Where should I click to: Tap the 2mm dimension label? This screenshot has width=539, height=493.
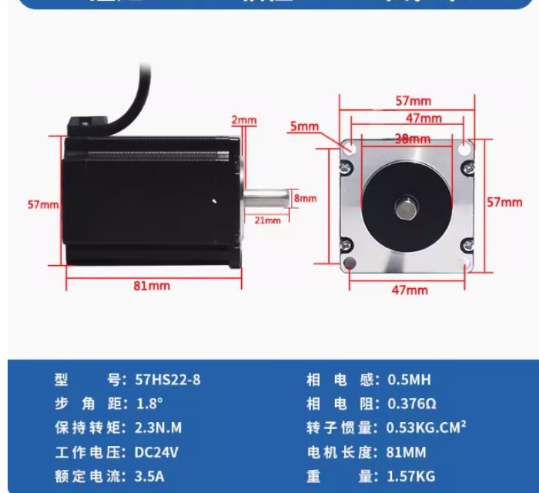click(244, 120)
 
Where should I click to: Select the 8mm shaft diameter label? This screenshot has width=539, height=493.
click(306, 198)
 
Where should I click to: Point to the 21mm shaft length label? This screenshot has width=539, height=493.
click(267, 221)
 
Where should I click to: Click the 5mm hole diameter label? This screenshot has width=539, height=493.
click(304, 126)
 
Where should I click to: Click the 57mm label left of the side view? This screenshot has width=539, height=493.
click(43, 204)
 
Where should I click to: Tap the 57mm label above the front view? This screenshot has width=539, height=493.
click(413, 102)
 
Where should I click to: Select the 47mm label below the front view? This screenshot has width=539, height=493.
click(410, 290)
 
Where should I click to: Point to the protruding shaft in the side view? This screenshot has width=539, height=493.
click(267, 197)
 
